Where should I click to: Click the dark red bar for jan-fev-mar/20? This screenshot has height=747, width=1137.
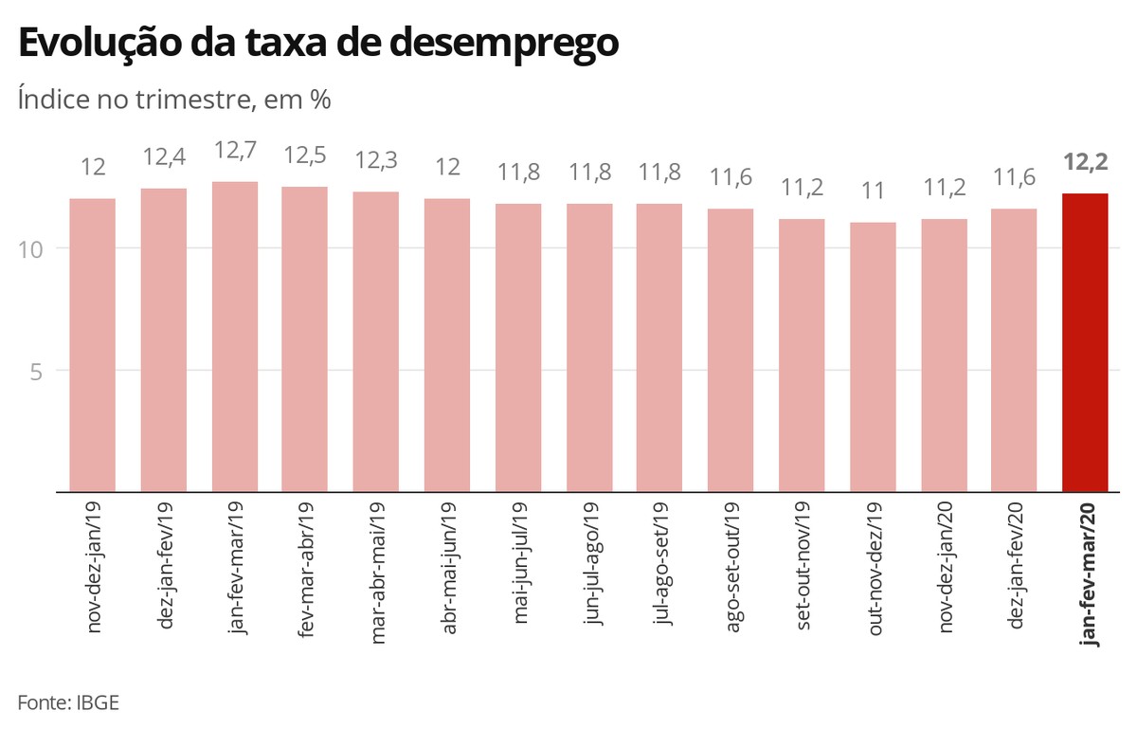pyautogui.click(x=1085, y=342)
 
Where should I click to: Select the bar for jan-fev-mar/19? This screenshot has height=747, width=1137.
pyautogui.click(x=234, y=337)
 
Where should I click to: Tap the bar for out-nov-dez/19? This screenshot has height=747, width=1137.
pyautogui.click(x=873, y=357)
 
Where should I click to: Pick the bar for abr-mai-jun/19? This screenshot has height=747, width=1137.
pyautogui.click(x=447, y=345)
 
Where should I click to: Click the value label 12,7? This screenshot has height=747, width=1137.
pyautogui.click(x=234, y=151)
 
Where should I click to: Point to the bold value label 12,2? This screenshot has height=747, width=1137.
pyautogui.click(x=1085, y=162)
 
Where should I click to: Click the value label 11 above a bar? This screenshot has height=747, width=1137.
pyautogui.click(x=873, y=191)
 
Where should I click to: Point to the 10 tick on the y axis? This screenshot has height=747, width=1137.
pyautogui.click(x=35, y=248)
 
